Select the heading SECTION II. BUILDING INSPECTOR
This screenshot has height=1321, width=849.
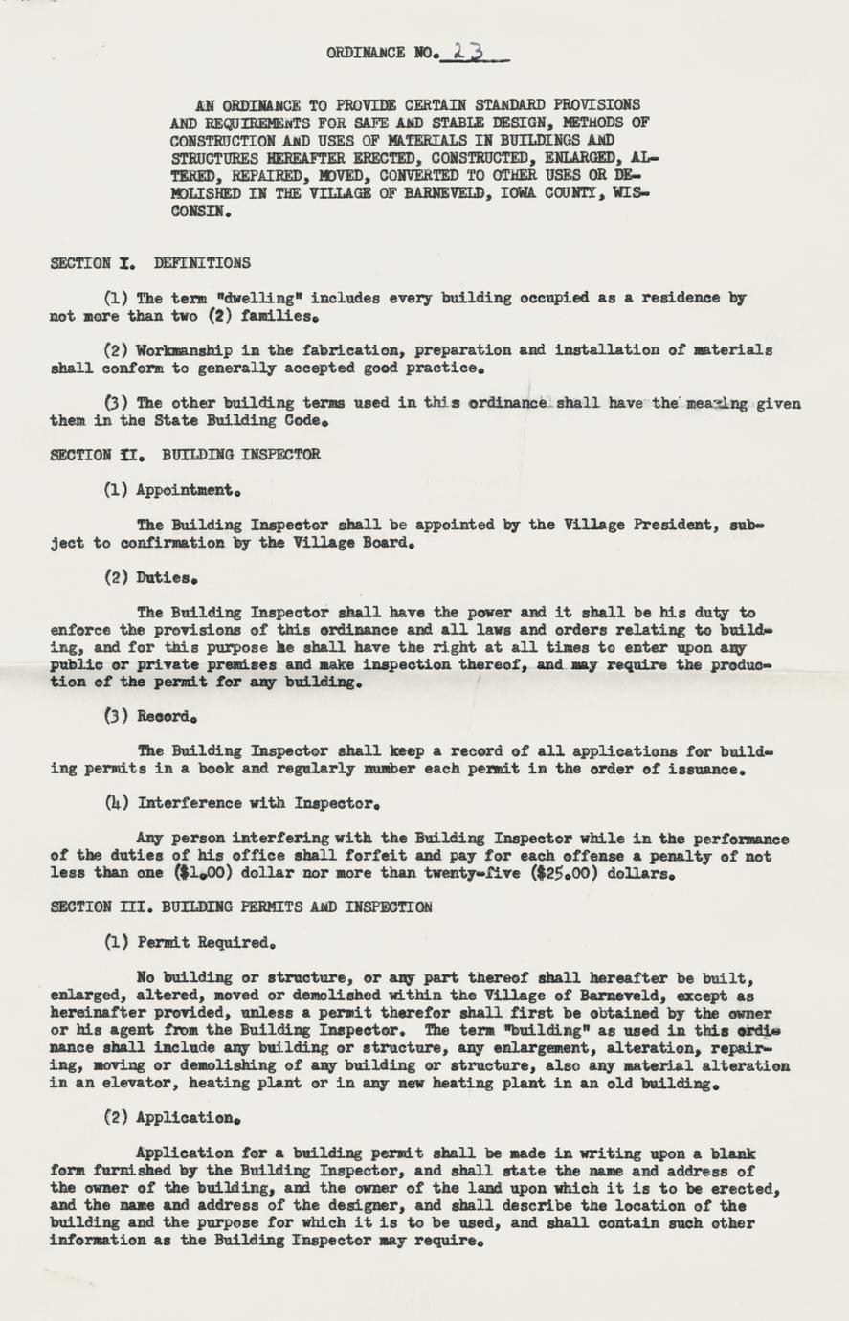[x=185, y=455]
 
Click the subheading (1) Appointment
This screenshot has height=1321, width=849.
[x=172, y=490]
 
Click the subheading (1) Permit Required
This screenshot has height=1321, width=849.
[x=190, y=942]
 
